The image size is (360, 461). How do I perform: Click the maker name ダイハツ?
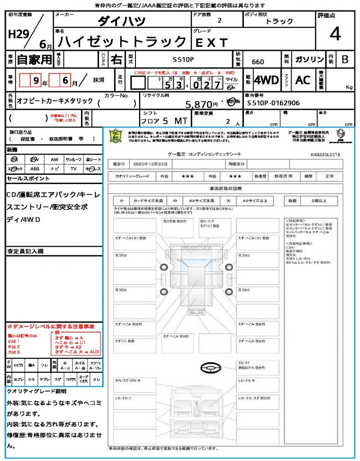121,21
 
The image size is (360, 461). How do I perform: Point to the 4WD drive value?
266,80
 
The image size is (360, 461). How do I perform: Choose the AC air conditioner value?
303,80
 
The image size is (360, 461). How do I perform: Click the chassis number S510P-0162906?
274,103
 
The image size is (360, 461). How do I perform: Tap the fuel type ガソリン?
309,59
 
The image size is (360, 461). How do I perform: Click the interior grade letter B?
345,59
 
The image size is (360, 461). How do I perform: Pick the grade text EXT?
211,42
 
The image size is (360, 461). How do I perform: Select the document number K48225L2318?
325,154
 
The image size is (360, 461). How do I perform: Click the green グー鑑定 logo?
116,136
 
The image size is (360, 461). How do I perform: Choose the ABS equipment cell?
35,169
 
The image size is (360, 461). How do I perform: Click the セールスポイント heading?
28,179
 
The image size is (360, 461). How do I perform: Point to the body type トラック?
279,21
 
